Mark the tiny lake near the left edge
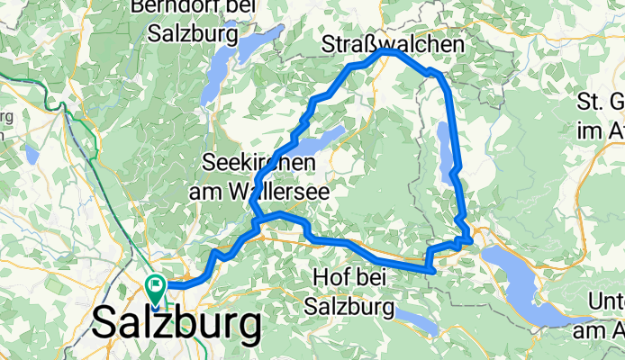point(32,154)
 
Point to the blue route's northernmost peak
point(387,52)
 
